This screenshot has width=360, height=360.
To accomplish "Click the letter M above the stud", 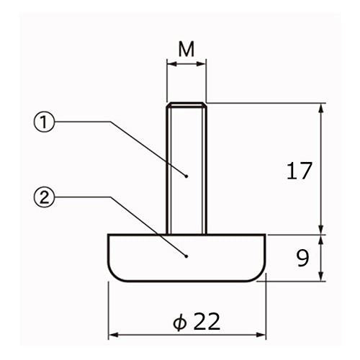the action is (x=186, y=49).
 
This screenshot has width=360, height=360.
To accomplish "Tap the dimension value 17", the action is (x=300, y=171).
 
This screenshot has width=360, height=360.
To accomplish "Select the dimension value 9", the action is (x=302, y=258).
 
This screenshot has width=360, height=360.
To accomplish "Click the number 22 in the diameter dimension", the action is (x=207, y=322).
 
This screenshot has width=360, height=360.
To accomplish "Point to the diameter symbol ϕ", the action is (x=179, y=322).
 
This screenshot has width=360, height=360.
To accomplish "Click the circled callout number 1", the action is (x=44, y=122).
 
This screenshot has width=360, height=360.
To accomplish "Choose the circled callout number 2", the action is (x=44, y=197).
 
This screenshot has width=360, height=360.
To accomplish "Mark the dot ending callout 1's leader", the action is (x=186, y=176).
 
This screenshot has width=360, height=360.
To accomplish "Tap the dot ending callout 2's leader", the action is (x=186, y=256).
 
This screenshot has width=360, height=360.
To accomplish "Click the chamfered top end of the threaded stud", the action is (x=186, y=105).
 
